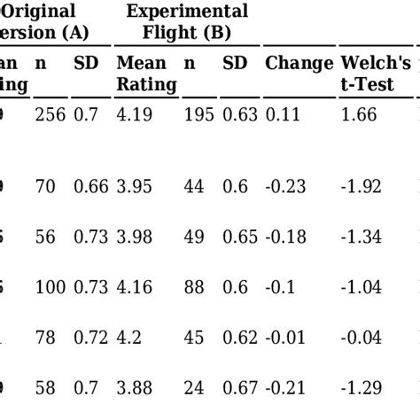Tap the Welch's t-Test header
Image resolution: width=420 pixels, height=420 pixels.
376,74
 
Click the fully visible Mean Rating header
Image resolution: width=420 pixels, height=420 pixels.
146,74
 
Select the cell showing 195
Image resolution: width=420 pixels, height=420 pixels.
198,114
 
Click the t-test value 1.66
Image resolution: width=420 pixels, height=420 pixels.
359,114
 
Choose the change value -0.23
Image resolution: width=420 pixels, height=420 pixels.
286,186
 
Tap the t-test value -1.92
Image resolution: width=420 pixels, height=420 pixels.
362,186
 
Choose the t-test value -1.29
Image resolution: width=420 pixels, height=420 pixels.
362,387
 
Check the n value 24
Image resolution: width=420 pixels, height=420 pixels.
194,387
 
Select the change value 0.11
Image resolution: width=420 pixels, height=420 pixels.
282,114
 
